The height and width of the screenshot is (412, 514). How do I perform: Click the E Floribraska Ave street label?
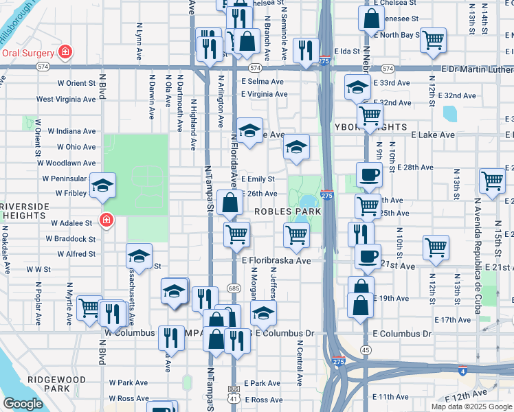click(276, 261)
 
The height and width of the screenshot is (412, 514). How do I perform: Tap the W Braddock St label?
click(71, 239)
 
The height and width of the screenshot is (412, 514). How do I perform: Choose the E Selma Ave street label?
click(262, 81)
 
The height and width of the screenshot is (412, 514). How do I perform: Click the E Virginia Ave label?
click(264, 94)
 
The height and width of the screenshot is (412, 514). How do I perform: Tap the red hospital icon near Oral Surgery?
click(65, 51)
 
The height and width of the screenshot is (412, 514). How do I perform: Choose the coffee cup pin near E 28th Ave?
click(369, 174)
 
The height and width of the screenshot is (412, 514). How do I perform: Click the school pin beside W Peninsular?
click(102, 185)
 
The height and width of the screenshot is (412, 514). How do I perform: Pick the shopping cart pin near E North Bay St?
click(433, 41)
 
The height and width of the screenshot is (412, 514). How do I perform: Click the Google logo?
click(23, 404)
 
